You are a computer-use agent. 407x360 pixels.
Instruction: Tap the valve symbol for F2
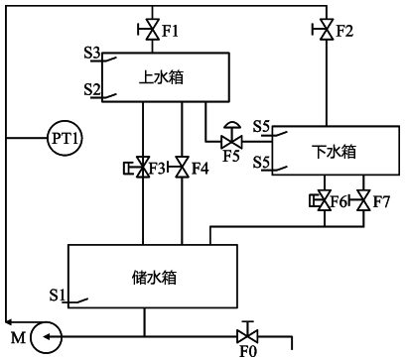pos(327,29)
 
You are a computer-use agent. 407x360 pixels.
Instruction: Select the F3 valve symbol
pos(144,169)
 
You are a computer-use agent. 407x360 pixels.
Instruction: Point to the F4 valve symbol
pos(182,169)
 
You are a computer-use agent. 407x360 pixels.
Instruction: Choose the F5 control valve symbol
pos(231,140)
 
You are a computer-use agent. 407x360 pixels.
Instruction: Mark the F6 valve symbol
pos(327,201)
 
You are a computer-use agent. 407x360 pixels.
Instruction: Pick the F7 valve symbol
pos(364,201)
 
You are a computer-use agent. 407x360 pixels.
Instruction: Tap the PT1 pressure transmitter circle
pos(63,138)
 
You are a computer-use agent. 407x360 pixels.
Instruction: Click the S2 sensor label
pos(94,90)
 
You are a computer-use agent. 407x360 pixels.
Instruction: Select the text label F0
pos(248,351)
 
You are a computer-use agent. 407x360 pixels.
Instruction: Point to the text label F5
pos(231,157)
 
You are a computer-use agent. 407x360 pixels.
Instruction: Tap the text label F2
pos(344,31)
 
